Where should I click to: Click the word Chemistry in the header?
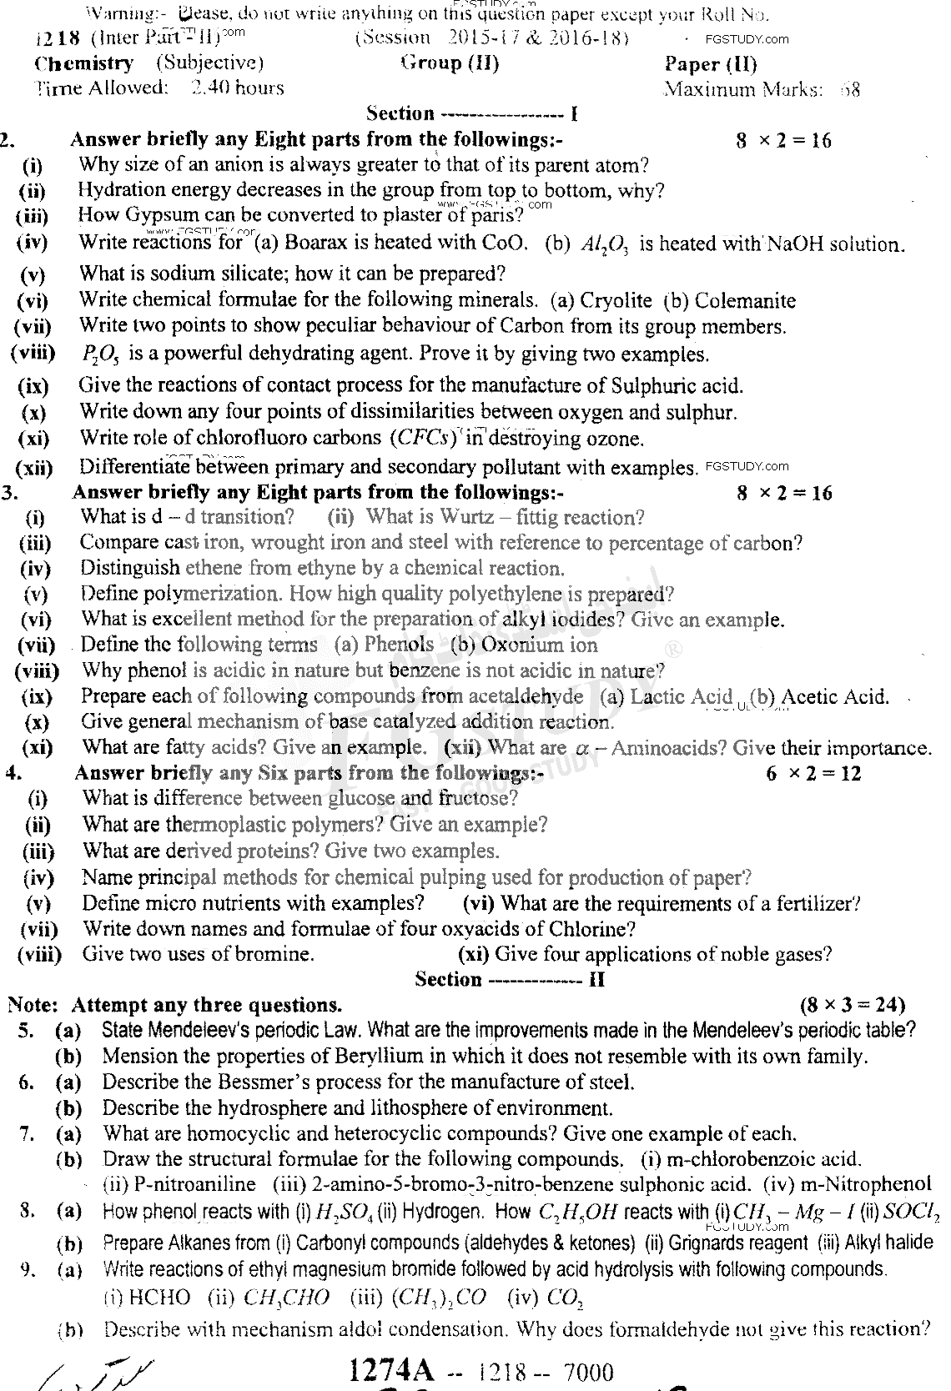coord(83,63)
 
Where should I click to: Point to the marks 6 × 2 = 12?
coord(813,773)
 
